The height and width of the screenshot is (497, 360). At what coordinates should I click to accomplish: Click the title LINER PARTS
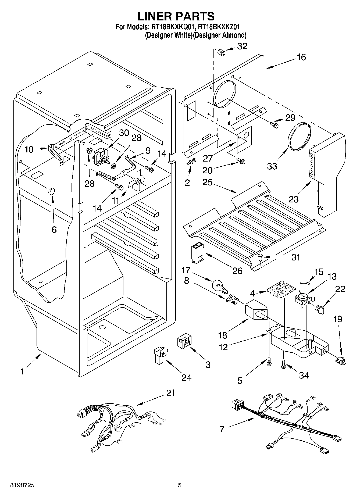(x=176, y=16)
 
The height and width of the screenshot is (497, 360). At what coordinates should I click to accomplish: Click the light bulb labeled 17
(x=220, y=286)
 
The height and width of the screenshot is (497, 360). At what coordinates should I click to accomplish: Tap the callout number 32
(x=242, y=46)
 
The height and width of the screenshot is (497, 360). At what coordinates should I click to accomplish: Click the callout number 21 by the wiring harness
(x=170, y=393)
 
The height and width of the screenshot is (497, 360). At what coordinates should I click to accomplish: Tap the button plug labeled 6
(x=51, y=191)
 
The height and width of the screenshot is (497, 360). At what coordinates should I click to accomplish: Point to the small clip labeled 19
(x=340, y=360)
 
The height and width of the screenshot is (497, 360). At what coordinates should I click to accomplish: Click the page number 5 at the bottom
(x=180, y=485)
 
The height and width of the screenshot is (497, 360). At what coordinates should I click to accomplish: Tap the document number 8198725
(x=19, y=485)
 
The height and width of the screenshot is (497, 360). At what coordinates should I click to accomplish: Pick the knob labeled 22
(x=320, y=309)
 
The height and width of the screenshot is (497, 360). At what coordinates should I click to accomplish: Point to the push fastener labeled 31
(x=261, y=258)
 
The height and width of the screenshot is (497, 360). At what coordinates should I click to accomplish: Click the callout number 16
(x=301, y=57)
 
